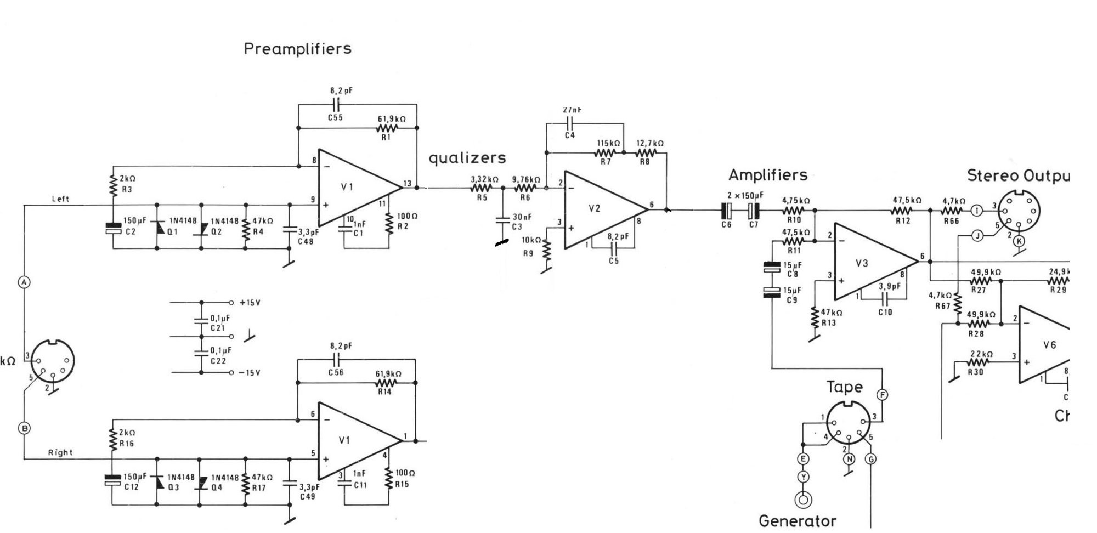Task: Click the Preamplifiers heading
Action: coord(297,49)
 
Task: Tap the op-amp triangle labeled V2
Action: coord(598,209)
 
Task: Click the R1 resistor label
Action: coord(386,137)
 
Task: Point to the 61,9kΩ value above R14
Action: coord(388,373)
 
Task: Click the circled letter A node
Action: coord(24,282)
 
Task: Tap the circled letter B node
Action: coord(24,428)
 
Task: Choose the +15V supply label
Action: coord(250,303)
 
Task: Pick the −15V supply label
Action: coord(250,373)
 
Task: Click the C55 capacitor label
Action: coord(336,117)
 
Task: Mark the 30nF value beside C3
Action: coord(522,217)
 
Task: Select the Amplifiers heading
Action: coord(768,175)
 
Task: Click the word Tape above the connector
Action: coord(845,387)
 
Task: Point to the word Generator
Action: coord(798,521)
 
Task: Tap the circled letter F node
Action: coord(883,394)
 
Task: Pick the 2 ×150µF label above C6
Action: coord(745,196)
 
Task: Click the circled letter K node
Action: coord(1019,241)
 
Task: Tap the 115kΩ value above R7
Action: coord(608,143)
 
